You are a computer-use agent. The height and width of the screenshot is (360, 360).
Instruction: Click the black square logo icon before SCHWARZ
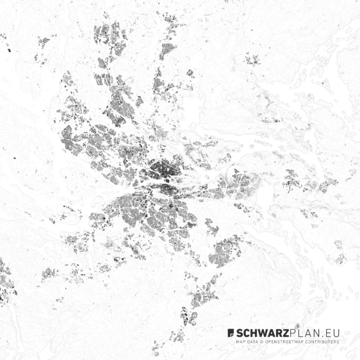231,333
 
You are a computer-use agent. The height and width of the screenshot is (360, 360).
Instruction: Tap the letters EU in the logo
332,333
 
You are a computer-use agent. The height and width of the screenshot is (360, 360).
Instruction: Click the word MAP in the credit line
241,341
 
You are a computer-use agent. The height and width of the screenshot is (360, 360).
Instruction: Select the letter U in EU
336,333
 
